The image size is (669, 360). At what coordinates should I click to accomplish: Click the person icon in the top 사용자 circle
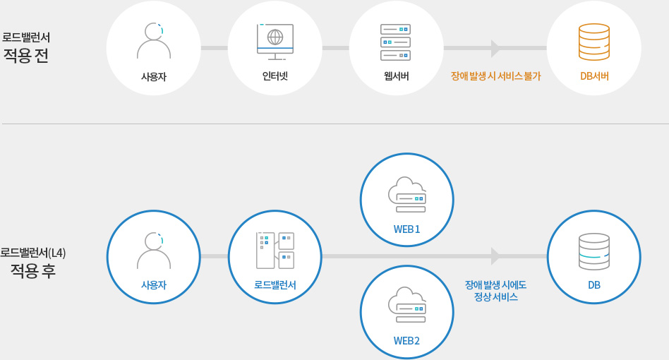coord(154,41)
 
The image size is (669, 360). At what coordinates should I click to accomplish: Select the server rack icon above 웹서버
coord(395,42)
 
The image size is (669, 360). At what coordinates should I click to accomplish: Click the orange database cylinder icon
coord(594,42)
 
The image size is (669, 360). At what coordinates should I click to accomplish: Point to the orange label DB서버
coord(594,76)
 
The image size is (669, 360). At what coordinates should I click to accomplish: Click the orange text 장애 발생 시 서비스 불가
coord(495,76)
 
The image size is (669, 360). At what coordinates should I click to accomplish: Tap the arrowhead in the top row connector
coord(495,48)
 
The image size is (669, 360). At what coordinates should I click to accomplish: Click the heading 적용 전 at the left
coord(26,56)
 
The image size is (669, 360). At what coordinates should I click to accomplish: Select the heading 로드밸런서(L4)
coord(33,252)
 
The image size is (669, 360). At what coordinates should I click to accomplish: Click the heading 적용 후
coord(32,271)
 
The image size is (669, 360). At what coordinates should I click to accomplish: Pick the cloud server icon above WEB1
coord(407,195)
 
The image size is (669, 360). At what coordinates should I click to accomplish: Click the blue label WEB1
coord(406,229)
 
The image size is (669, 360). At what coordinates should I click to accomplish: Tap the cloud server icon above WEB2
coord(407,305)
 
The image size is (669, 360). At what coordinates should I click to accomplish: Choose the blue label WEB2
coord(406,340)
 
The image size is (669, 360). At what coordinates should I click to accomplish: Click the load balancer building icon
coord(275,251)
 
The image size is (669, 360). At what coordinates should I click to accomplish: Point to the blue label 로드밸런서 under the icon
coord(275,285)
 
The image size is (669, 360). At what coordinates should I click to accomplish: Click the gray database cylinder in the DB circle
coord(594,251)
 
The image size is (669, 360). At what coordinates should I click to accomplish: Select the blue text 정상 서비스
coord(495,297)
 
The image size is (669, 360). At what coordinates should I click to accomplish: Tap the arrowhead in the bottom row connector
coord(495,256)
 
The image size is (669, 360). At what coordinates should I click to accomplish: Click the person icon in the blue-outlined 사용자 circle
coord(154,251)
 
